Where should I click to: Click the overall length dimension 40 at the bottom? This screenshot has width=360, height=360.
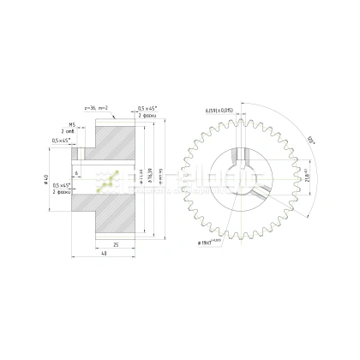(x=102, y=255)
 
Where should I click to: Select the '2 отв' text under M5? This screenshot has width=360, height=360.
(x=69, y=131)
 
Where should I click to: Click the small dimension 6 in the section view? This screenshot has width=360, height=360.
(x=76, y=174)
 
